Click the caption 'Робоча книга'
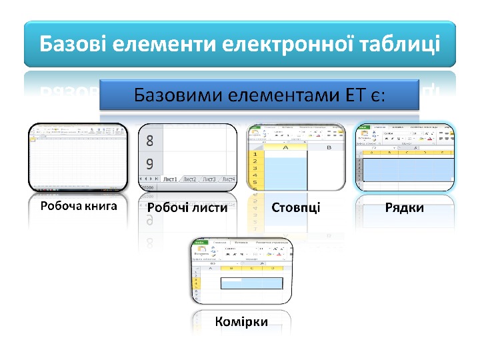point(79,206)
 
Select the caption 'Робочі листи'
point(187,207)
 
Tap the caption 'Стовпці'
point(296,207)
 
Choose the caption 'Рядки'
point(405,207)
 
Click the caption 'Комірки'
point(241,321)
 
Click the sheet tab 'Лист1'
point(171,179)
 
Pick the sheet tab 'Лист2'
point(190,179)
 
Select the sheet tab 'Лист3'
point(209,179)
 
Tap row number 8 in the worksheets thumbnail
point(149,141)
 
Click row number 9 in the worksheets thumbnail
point(149,163)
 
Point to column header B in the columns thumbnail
point(328,148)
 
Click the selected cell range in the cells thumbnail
point(252,283)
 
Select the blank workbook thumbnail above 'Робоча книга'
point(78,157)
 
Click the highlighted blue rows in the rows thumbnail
point(405,170)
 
